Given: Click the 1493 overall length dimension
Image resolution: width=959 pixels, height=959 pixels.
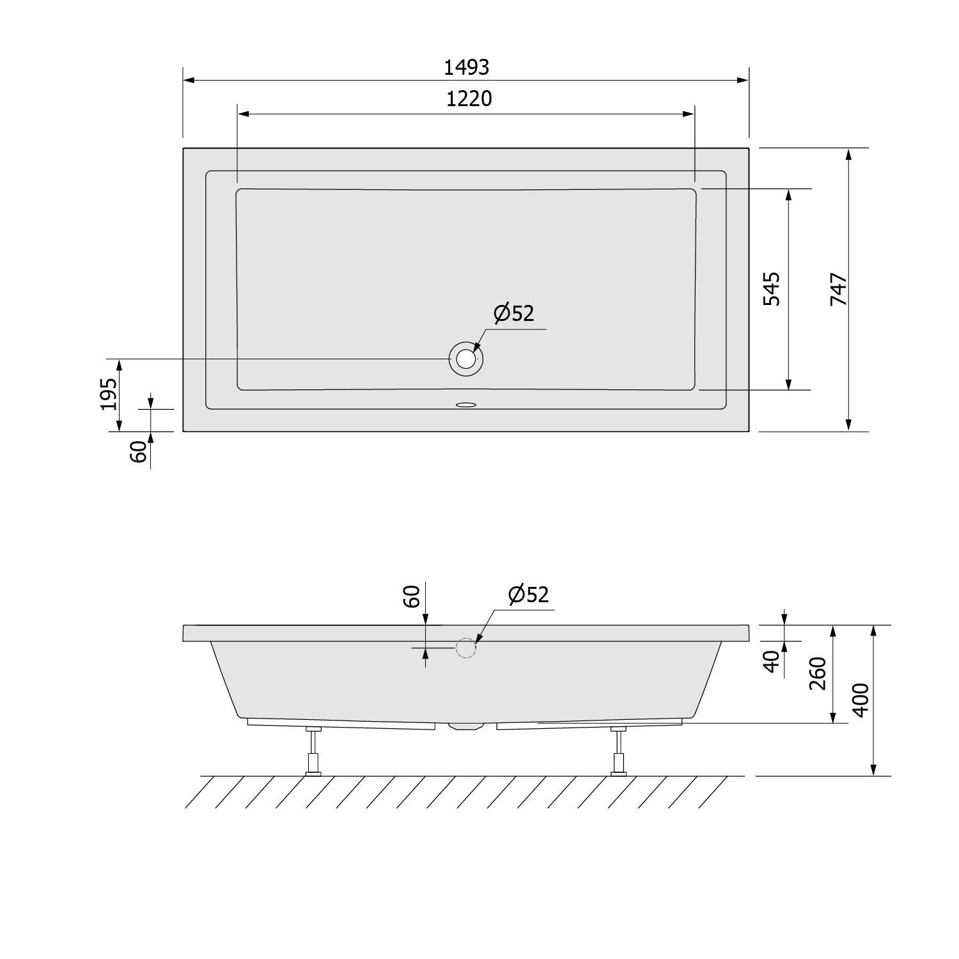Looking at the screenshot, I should click(x=466, y=67).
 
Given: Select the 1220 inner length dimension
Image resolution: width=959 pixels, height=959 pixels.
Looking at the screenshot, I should click(x=469, y=99).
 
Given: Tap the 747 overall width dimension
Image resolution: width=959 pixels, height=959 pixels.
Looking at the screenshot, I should click(x=838, y=289).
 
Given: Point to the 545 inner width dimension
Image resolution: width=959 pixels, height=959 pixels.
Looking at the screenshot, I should click(x=772, y=289).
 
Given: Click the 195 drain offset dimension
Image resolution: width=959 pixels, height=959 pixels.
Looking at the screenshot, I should click(x=109, y=394).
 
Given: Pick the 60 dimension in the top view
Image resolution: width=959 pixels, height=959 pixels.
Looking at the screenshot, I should click(x=139, y=451).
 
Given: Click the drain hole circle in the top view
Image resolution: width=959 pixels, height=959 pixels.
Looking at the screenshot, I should click(x=466, y=359).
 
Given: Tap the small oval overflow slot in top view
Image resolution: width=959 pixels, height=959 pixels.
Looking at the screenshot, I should click(x=466, y=405).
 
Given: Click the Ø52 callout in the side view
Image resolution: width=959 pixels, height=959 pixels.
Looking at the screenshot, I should click(x=528, y=595).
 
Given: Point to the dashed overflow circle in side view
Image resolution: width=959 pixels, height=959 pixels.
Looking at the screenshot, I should click(x=466, y=648).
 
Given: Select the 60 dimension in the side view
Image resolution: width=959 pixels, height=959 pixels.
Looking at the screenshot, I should click(x=412, y=596).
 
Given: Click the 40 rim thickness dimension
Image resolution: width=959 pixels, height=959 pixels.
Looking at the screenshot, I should click(x=772, y=660).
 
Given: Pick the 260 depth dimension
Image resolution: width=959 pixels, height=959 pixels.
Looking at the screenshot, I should click(x=818, y=673).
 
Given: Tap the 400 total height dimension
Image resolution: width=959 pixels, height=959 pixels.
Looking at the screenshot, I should click(x=861, y=700).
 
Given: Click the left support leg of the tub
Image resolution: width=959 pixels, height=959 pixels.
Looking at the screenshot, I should click(x=313, y=752).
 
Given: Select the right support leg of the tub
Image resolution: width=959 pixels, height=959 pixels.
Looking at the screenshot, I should click(x=618, y=752).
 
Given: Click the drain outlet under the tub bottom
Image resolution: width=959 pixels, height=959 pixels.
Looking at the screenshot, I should click(x=466, y=726).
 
